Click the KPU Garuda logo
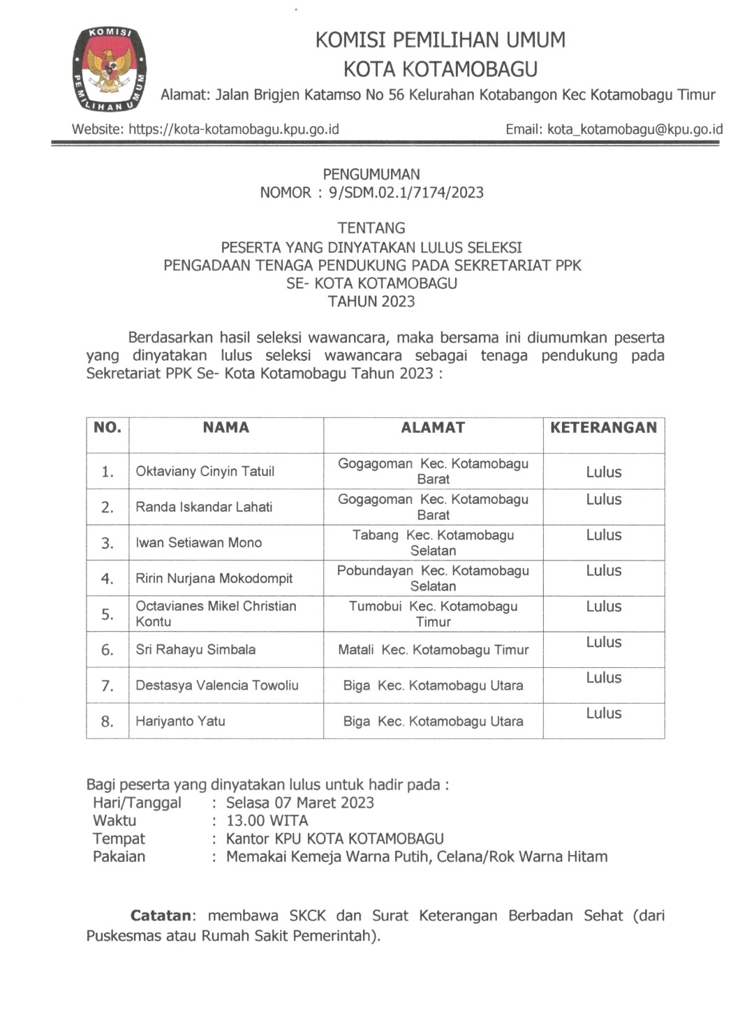110,70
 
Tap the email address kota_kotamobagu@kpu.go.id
635,129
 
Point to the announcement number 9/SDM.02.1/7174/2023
406,193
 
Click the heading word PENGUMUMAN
371,175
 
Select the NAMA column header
226,427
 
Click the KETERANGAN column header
603,427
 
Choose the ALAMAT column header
433,427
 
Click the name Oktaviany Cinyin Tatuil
205,471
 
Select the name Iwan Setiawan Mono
198,542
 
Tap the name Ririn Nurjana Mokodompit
214,578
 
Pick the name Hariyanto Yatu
180,721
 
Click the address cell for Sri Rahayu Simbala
433,650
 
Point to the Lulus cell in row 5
603,607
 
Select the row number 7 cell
107,685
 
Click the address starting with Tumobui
433,614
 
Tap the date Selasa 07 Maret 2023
300,803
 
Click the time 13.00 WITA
267,821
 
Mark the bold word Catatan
161,915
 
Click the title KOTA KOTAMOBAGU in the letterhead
440,69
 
